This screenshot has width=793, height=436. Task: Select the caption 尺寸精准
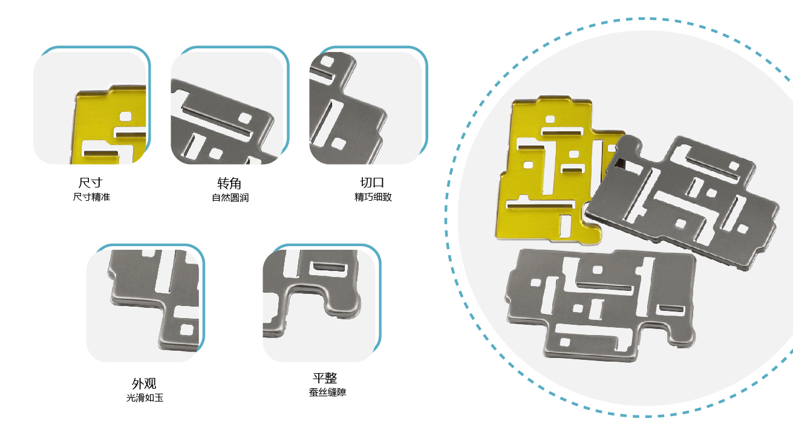[x=91, y=197]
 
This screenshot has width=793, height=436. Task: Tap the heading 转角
[x=229, y=183]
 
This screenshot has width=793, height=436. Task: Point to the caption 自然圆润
[x=230, y=198]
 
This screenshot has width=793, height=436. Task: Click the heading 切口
[x=373, y=183]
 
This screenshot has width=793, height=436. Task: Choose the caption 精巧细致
[x=373, y=197]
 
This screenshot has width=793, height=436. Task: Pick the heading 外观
[x=144, y=383]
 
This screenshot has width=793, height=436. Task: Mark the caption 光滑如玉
[x=145, y=398]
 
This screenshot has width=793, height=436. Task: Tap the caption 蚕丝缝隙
[x=327, y=392]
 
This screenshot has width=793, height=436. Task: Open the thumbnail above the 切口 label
[x=365, y=108]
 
